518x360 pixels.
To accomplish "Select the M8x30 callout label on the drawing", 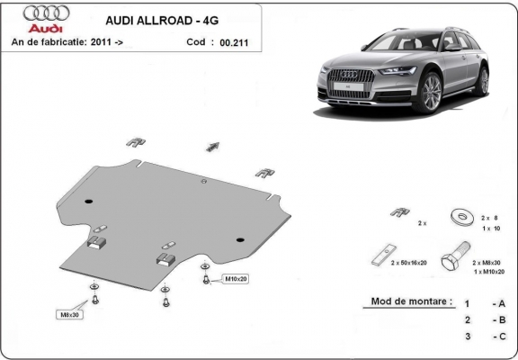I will tap(70, 314).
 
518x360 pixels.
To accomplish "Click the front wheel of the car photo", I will tap(430, 94).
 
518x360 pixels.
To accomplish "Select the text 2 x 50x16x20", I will tap(409, 262).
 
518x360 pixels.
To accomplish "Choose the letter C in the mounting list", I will tap(500, 337).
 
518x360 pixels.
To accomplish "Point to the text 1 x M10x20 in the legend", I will tap(488, 270).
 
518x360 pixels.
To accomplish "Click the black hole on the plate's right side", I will tap(239, 239).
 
